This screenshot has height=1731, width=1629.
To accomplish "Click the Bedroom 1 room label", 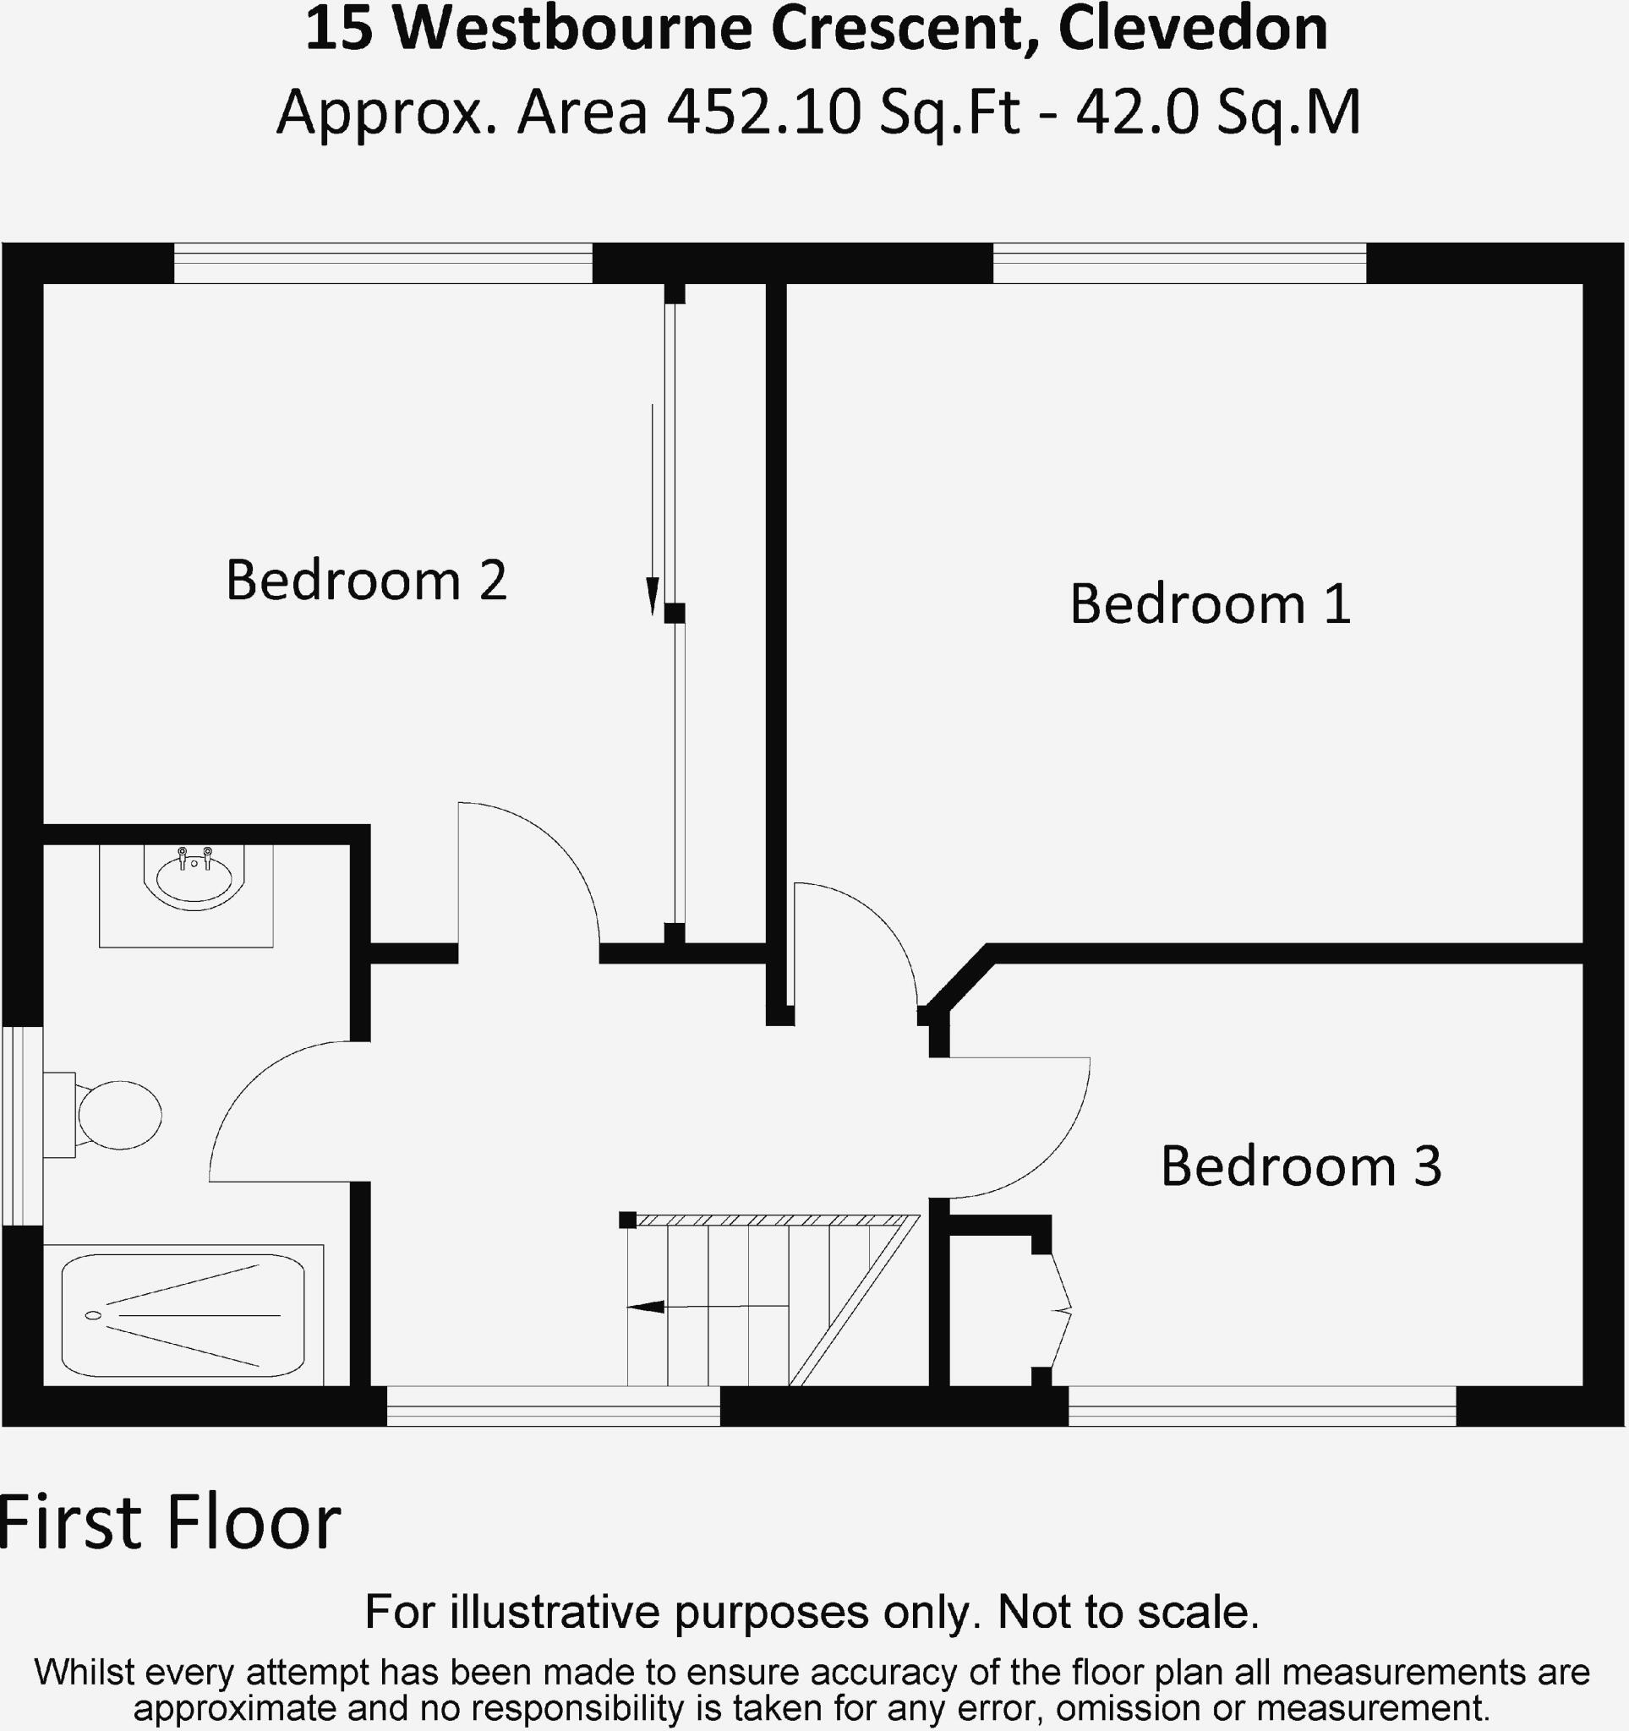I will (1210, 603).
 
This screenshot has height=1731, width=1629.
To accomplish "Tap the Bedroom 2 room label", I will (366, 580).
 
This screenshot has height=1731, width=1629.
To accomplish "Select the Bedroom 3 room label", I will (1301, 1166).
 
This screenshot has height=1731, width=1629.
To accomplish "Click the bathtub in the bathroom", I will (183, 1315).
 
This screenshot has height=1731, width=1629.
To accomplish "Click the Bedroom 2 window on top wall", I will (383, 263).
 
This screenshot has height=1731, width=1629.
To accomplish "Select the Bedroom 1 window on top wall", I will (1180, 263).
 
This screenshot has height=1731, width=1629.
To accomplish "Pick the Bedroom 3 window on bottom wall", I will (1261, 1406).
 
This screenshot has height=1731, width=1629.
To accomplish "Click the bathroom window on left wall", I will (21, 1126).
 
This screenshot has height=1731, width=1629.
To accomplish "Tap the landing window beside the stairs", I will (553, 1406).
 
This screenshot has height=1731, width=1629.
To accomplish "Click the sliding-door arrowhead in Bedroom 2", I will (652, 598).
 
